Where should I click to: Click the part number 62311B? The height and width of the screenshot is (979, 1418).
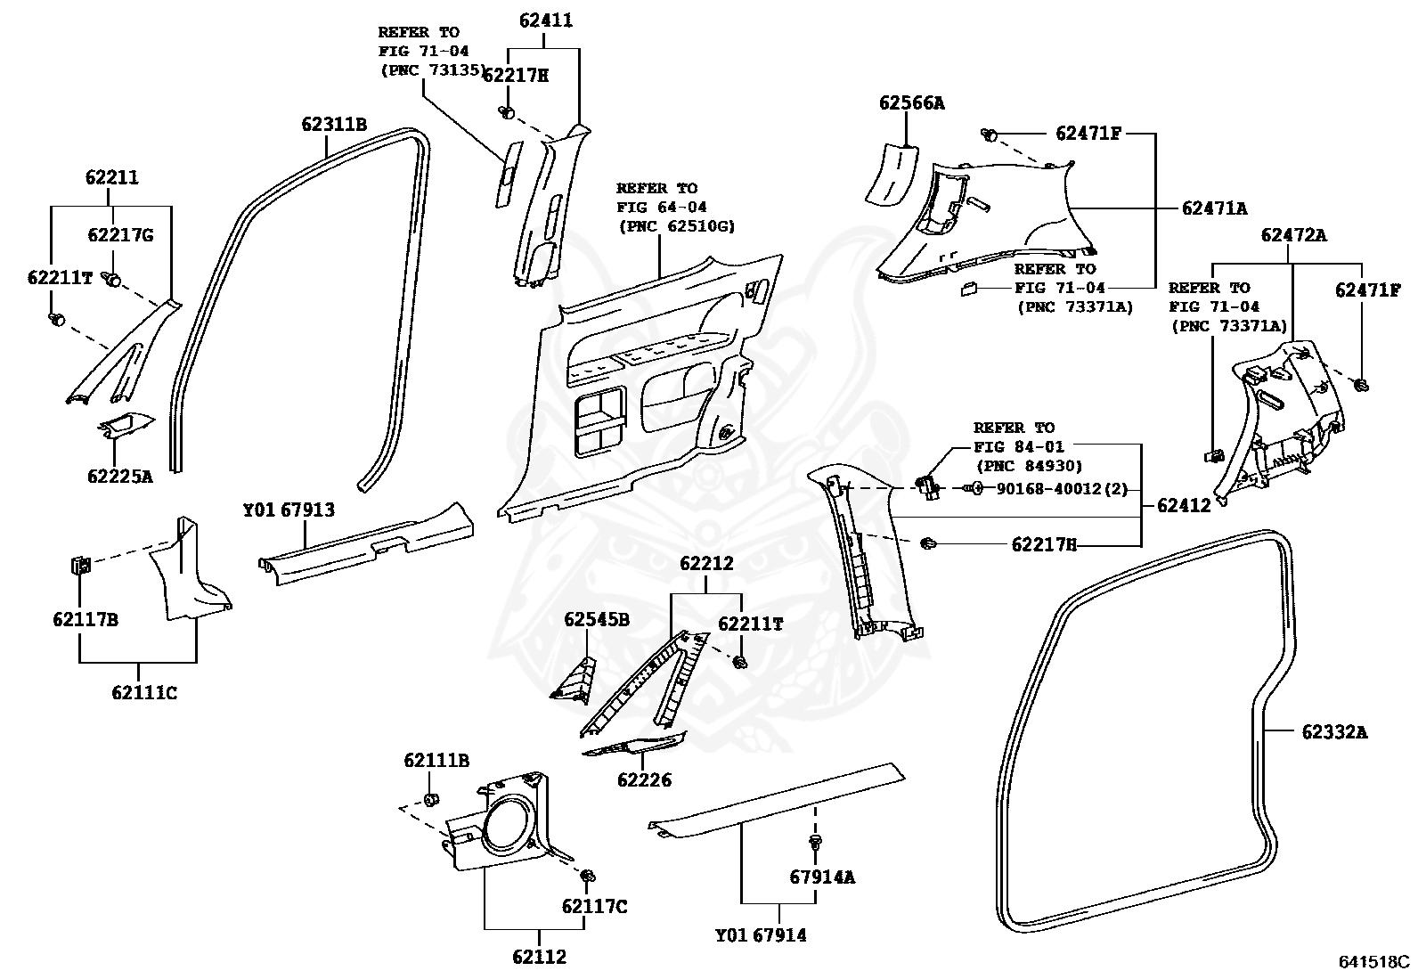(333, 125)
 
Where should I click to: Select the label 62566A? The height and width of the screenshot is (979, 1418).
(911, 103)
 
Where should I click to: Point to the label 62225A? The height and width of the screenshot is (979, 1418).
(120, 476)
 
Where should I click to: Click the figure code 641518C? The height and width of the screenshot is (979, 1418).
(1374, 962)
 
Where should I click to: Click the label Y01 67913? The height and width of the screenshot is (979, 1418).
(289, 510)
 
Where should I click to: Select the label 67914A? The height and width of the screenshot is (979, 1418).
(821, 877)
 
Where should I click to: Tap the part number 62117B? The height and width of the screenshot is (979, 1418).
(86, 619)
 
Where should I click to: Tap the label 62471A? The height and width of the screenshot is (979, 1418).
(1214, 208)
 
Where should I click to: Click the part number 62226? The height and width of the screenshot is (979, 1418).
(644, 780)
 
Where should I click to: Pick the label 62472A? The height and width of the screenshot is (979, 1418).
(1293, 235)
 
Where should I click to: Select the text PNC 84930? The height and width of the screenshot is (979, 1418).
(1029, 465)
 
